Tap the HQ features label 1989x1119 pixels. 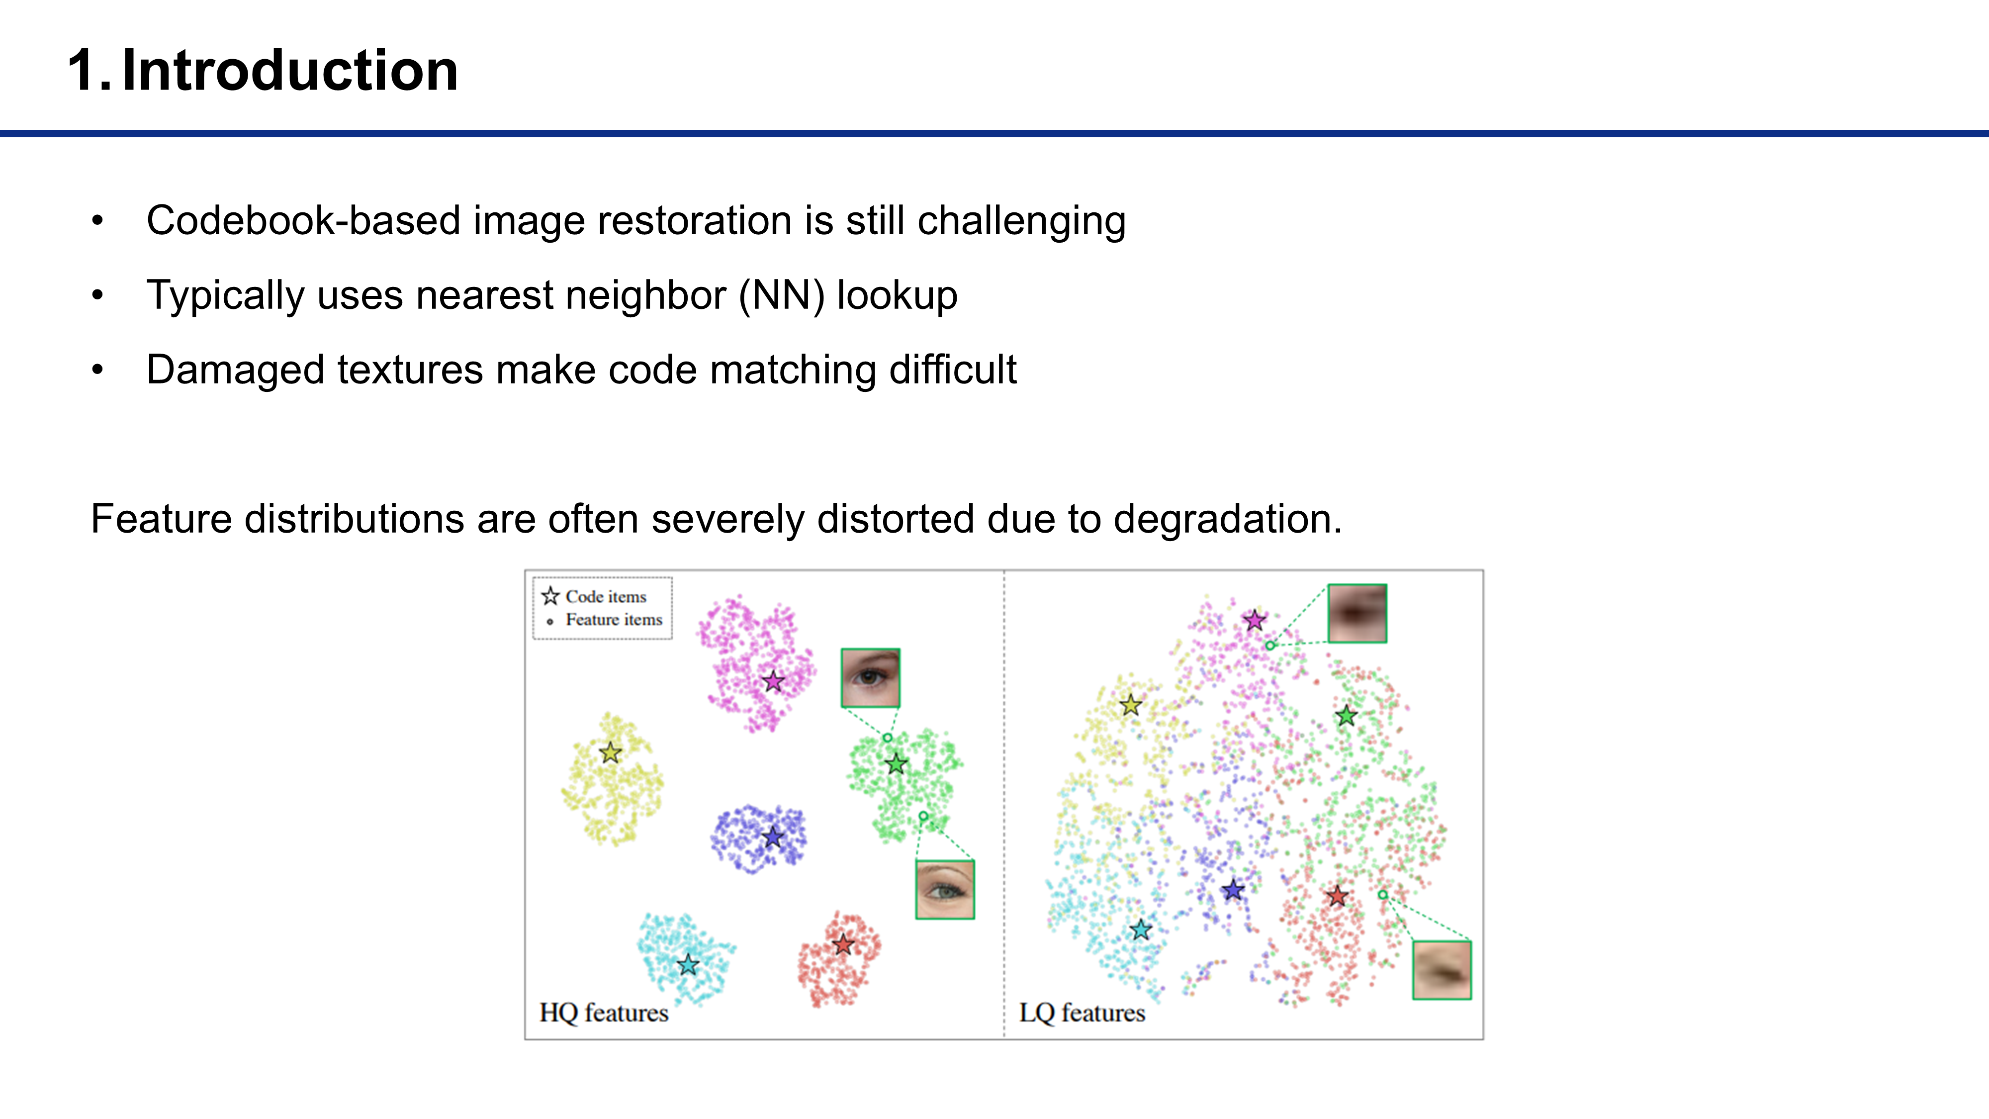[x=604, y=1013]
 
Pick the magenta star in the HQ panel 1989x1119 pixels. [x=773, y=681]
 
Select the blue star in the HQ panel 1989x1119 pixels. [x=773, y=837]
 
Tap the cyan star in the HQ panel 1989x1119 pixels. [x=687, y=964]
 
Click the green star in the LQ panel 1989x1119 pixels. [x=1346, y=716]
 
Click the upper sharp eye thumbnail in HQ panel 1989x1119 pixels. [x=870, y=678]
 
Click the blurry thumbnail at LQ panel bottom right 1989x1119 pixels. [x=1442, y=970]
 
